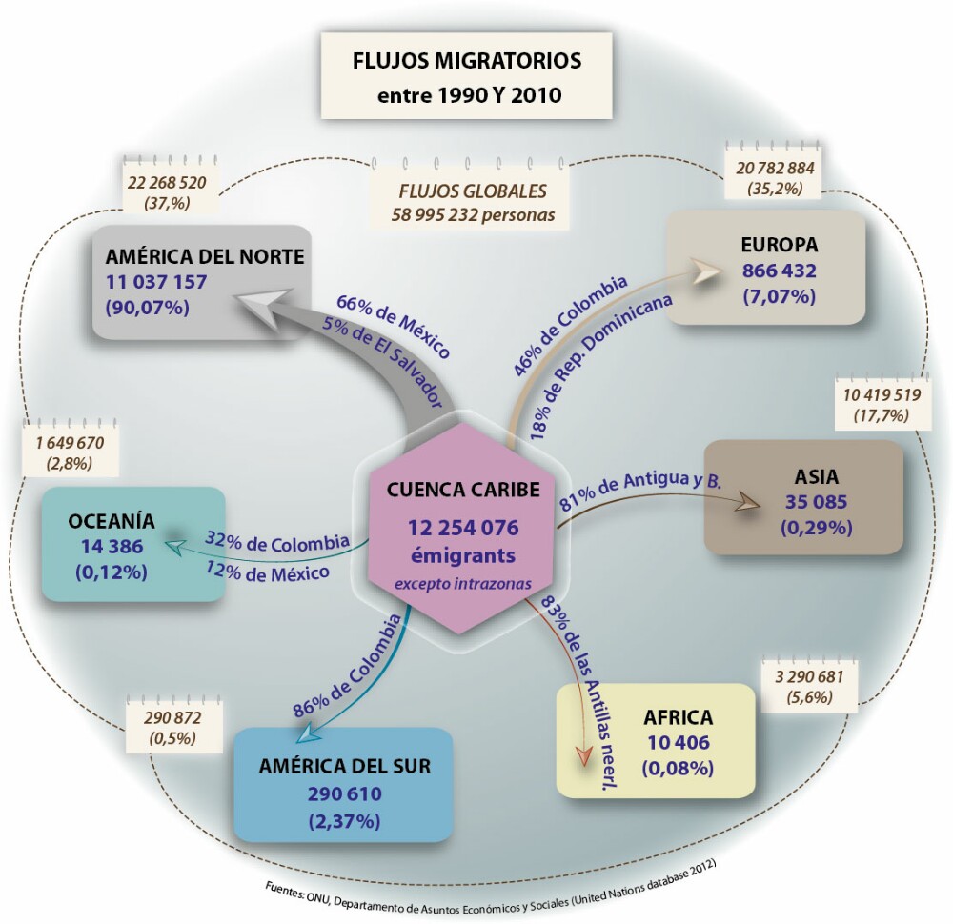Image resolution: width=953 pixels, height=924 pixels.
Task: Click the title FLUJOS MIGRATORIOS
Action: pos(466,62)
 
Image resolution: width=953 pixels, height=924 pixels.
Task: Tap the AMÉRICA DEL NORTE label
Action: pos(205,256)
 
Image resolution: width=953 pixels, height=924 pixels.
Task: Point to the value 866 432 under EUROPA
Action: pos(779,271)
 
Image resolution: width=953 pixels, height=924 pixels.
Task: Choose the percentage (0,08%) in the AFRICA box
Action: pos(678,767)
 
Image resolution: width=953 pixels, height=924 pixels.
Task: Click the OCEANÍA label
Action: pos(111,521)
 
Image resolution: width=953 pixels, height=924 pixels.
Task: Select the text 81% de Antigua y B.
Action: pos(641,492)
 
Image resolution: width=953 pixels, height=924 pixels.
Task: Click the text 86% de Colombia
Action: pos(346,668)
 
